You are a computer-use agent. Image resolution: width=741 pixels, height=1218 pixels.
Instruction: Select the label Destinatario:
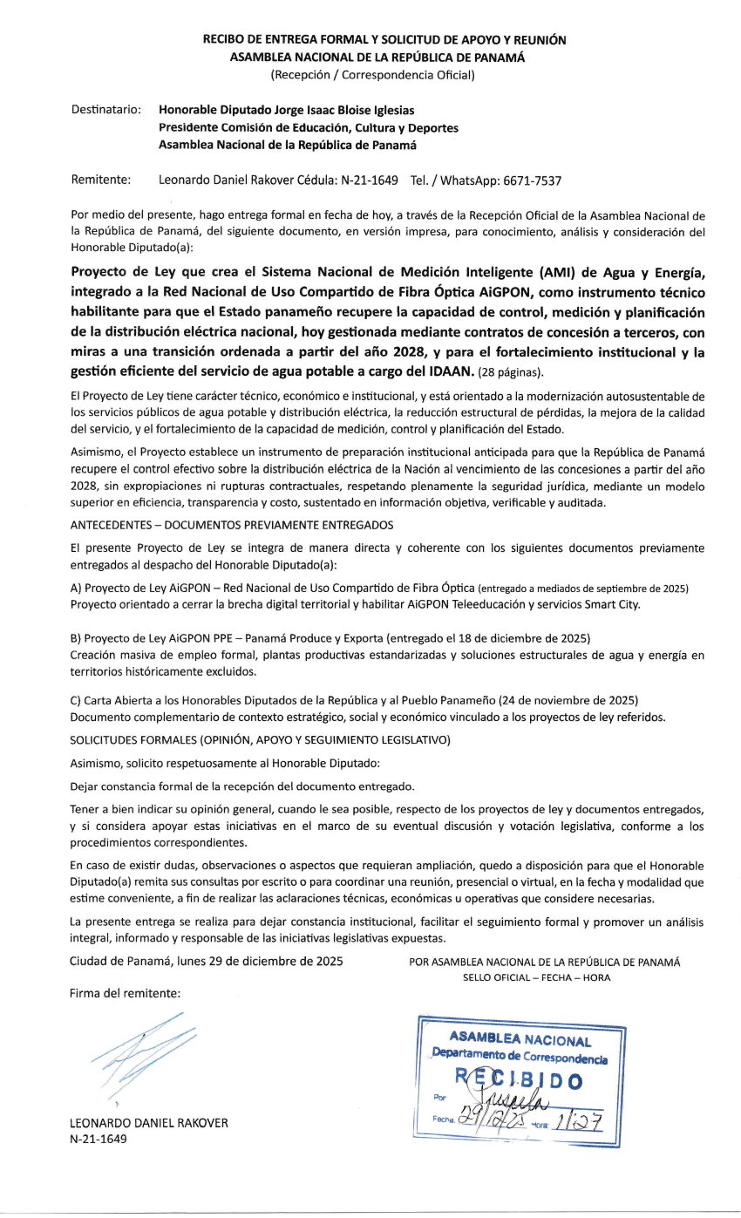point(105,111)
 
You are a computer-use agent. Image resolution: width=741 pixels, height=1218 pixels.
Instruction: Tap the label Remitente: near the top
point(100,181)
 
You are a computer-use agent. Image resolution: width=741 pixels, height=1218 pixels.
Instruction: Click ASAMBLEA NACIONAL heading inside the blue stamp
point(520,1039)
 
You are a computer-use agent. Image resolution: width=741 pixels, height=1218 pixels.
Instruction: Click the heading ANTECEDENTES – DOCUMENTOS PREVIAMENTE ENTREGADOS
point(231,525)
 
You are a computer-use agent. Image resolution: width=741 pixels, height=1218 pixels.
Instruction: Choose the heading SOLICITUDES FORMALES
point(259,740)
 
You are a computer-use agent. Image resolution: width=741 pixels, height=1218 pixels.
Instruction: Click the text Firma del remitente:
point(126,993)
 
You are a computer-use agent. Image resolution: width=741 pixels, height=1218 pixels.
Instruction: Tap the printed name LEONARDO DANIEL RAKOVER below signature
point(148,1124)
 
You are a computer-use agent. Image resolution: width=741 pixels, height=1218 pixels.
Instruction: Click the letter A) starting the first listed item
point(76,589)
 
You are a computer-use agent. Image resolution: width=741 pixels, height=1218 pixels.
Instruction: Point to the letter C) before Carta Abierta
point(76,701)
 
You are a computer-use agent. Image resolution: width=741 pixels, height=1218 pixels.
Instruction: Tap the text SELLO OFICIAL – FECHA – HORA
point(537,977)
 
